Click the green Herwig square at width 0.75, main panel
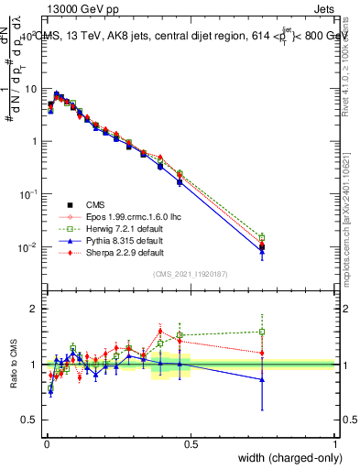[x=263, y=237]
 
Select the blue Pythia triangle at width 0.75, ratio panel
[x=263, y=379]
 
